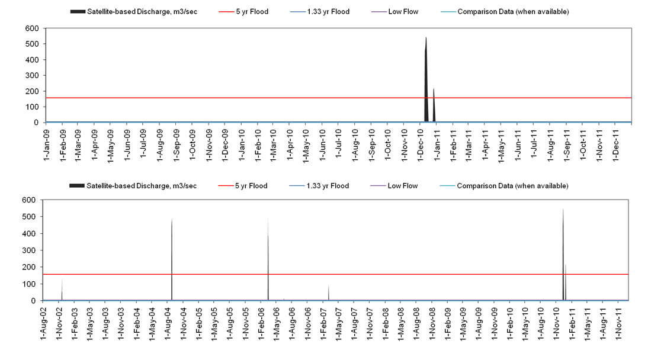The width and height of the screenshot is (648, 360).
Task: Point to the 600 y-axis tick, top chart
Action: [x=33, y=28]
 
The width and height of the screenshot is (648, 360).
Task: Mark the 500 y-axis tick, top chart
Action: [x=33, y=44]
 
